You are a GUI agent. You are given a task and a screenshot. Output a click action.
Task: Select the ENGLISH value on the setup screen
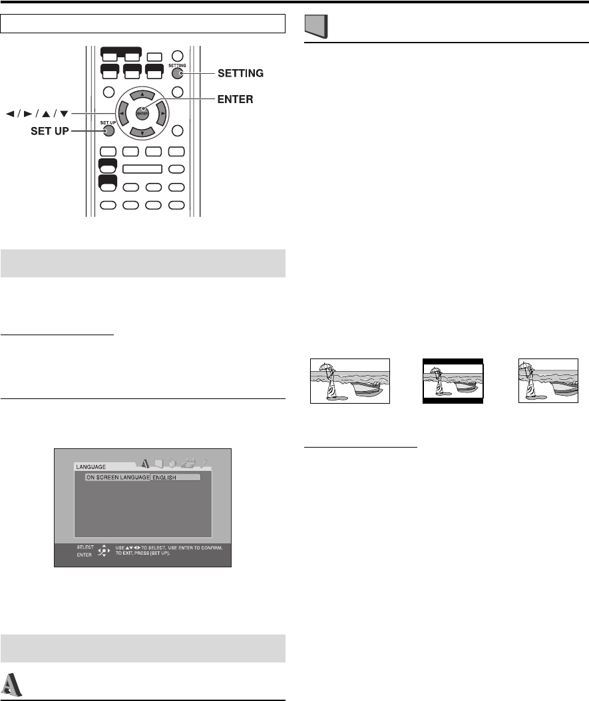[174, 478]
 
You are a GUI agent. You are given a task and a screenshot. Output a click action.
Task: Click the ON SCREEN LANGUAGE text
[116, 478]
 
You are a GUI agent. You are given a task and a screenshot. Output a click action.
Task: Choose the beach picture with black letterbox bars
[453, 381]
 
